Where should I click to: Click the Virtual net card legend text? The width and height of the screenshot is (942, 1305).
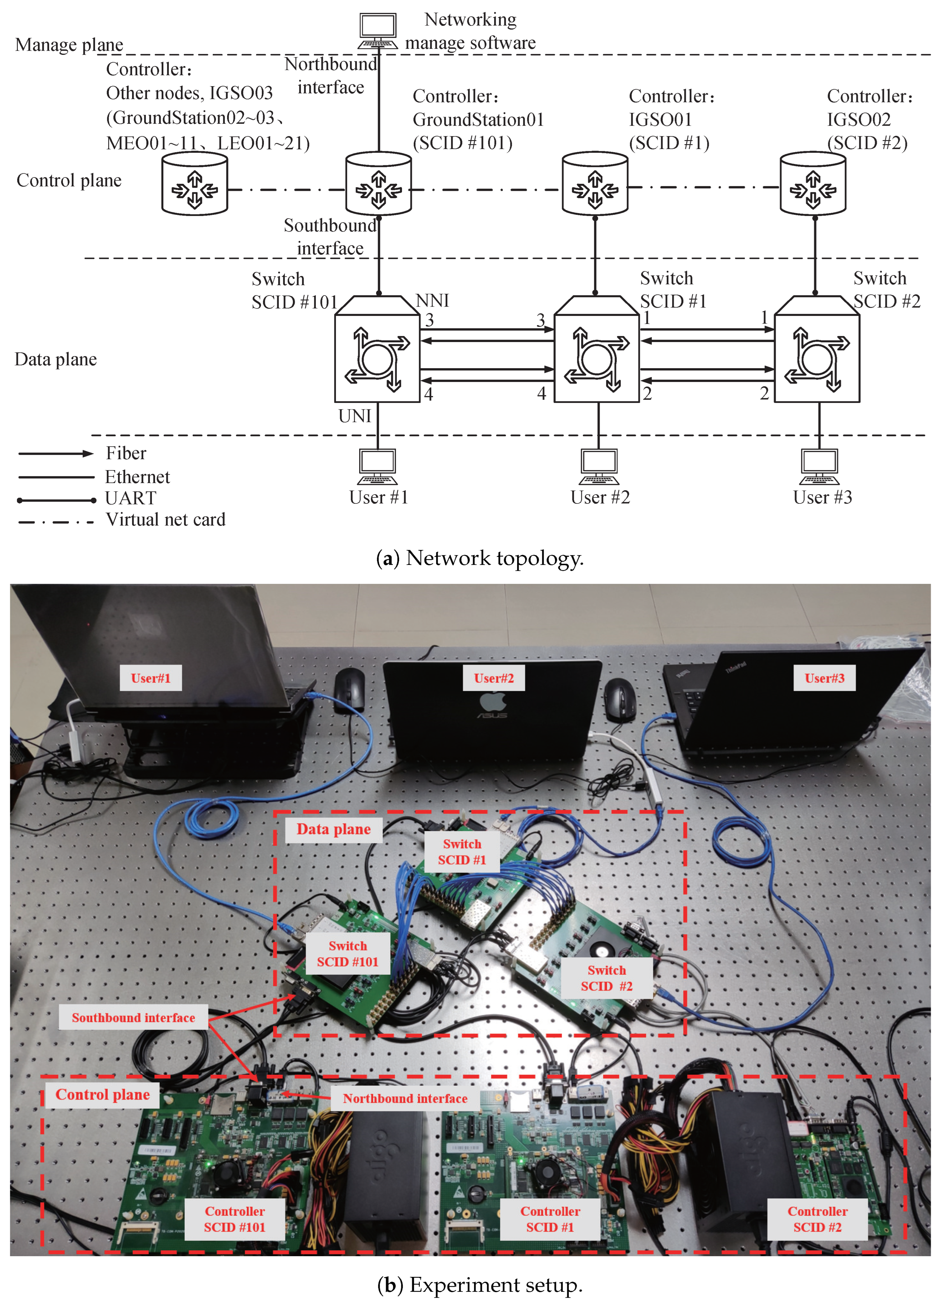166,519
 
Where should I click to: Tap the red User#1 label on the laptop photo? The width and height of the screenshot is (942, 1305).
151,678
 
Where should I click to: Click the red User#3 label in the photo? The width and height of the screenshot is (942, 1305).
824,678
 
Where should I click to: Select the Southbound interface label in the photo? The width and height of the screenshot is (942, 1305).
133,1017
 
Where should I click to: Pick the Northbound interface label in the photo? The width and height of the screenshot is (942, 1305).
405,1098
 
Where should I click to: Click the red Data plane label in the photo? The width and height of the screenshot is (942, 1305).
334,829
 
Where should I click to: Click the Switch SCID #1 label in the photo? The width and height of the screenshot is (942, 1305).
462,852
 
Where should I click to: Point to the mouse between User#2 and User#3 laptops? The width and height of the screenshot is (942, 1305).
619,697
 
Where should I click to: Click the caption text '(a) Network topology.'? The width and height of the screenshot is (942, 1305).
480,557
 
